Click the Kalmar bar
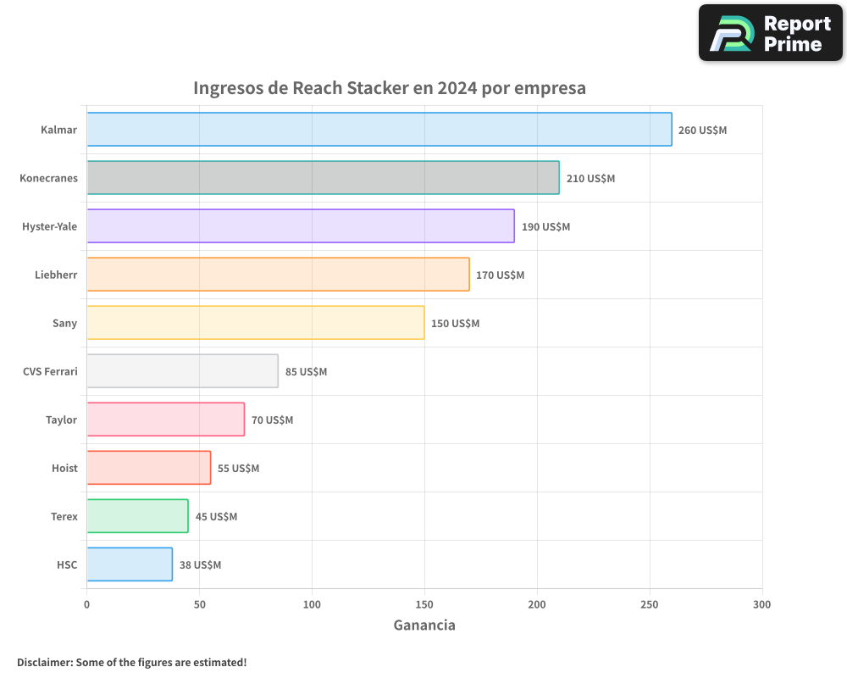click(x=379, y=130)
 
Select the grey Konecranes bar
click(x=323, y=178)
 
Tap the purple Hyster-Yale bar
click(x=301, y=226)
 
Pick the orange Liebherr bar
click(x=278, y=275)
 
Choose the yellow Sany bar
click(x=256, y=323)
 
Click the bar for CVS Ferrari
click(x=182, y=371)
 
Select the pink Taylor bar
click(x=165, y=420)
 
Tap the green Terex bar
click(x=137, y=516)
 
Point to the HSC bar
click(x=130, y=564)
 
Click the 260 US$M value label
click(x=702, y=131)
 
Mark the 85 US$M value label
click(x=306, y=372)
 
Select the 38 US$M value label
click(x=200, y=565)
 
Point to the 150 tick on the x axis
click(x=424, y=604)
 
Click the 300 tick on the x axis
click(x=761, y=604)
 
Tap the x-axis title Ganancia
click(x=424, y=625)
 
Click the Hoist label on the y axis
click(x=64, y=469)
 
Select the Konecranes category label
click(x=48, y=179)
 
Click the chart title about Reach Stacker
click(x=390, y=88)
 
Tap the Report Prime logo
click(x=770, y=33)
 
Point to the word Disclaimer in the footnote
click(x=43, y=662)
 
